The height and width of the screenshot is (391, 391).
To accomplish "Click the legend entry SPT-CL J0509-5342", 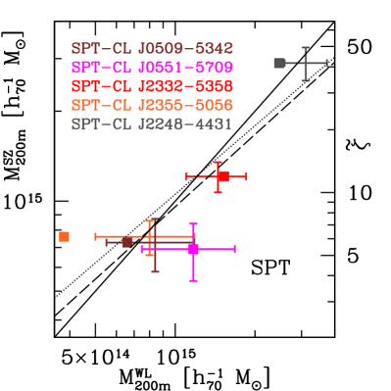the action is [x=152, y=48].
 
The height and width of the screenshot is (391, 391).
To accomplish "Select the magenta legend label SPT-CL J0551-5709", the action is [x=152, y=68].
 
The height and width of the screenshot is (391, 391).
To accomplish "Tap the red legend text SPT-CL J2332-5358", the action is [x=152, y=86].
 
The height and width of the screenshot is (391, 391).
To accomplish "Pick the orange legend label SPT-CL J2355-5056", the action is [x=152, y=105].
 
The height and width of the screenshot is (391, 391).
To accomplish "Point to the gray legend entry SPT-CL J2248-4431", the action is [x=152, y=124].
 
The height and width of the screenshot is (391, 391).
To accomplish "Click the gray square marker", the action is [x=279, y=63].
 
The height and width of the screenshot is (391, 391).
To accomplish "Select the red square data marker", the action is [x=222, y=176].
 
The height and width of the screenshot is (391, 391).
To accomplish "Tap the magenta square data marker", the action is [x=193, y=249].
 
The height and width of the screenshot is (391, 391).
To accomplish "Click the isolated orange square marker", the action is [x=64, y=236].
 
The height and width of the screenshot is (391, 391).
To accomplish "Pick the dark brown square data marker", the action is [x=126, y=242].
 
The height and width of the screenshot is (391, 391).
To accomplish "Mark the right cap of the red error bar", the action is [x=246, y=176].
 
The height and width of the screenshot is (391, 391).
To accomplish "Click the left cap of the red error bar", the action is [x=185, y=176].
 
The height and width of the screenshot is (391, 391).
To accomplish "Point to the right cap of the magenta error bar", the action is [x=235, y=249].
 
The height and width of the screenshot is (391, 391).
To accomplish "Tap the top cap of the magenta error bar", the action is [x=193, y=223].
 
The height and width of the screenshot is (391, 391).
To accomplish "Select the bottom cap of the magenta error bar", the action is [x=193, y=280].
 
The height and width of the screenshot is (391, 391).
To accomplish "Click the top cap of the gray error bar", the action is [x=305, y=47].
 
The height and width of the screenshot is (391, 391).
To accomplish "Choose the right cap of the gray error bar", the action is [x=326, y=63].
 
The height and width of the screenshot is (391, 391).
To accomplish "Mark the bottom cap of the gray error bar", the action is [x=305, y=80].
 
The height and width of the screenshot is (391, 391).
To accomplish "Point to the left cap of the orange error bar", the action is [x=95, y=236].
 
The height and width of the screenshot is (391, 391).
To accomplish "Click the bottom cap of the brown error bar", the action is [x=155, y=271].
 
